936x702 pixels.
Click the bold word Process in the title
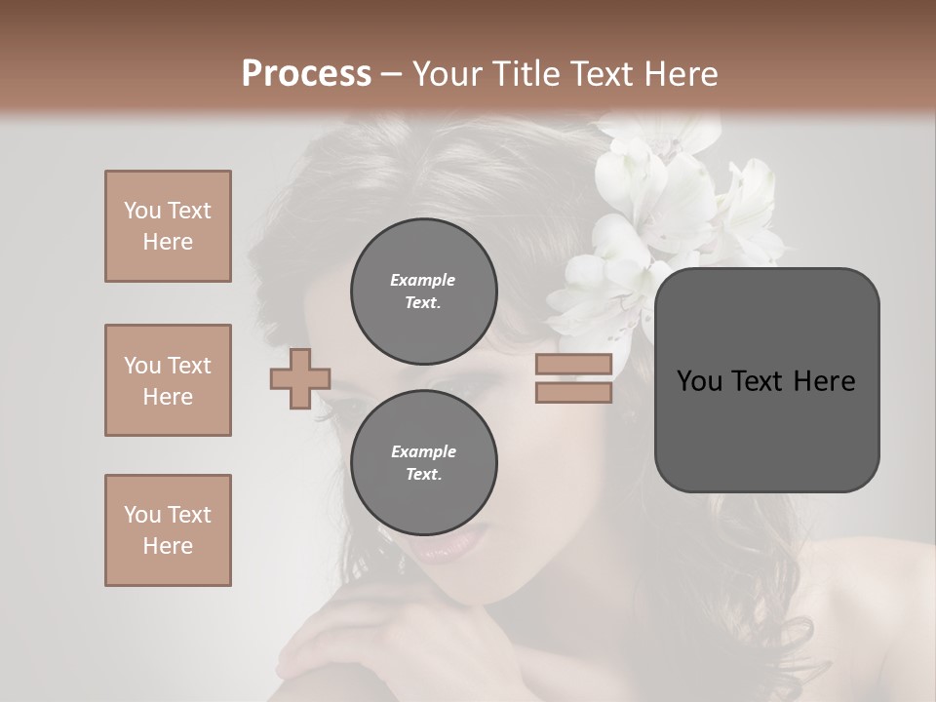[x=306, y=74]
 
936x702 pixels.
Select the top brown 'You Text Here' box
[x=168, y=226]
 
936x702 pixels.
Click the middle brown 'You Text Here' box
[x=168, y=380]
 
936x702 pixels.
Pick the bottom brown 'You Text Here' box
[x=168, y=530]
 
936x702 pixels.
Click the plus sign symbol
[x=300, y=378]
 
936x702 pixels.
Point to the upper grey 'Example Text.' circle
[x=423, y=291]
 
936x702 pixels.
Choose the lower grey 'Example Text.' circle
[x=423, y=462]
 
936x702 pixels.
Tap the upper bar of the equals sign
[x=573, y=364]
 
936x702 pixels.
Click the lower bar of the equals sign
[x=573, y=392]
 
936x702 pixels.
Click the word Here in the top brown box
[x=168, y=242]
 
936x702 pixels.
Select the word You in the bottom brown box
[x=142, y=515]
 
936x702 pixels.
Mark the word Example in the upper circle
[x=423, y=280]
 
